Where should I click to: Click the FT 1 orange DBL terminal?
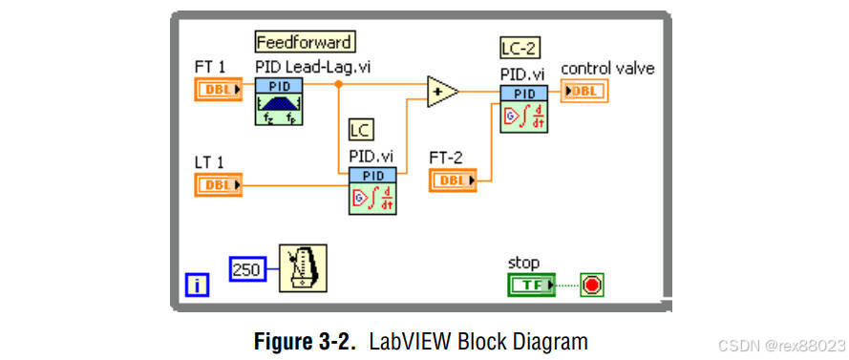(x=220, y=91)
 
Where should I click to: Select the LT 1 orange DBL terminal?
(x=220, y=184)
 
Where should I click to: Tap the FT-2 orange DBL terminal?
(x=453, y=180)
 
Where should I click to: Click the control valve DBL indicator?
(x=584, y=91)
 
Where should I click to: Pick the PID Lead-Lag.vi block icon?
(x=278, y=104)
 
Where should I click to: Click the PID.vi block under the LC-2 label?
(x=523, y=108)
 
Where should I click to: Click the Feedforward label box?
(x=305, y=42)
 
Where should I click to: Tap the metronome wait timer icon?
(x=302, y=268)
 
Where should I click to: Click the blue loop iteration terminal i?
(x=196, y=284)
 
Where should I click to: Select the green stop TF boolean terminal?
(x=530, y=285)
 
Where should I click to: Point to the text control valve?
(x=607, y=69)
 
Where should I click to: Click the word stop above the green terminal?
(x=524, y=263)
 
